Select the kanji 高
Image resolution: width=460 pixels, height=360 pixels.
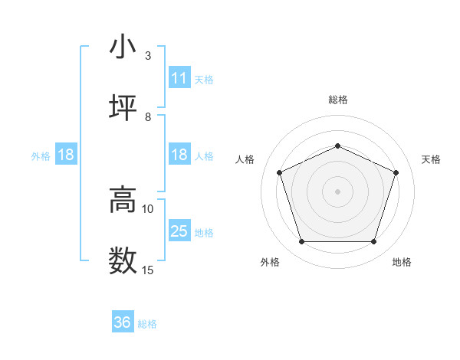pos(123,201)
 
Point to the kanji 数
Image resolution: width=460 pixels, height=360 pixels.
pos(123,260)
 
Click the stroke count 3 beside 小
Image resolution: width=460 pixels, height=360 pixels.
pos(148,56)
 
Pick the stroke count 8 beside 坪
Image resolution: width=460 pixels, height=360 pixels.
pos(148,116)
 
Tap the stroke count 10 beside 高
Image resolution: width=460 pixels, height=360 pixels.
pos(148,208)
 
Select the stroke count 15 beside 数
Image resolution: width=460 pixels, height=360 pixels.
pos(148,270)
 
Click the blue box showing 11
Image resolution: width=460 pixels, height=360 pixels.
pos(179,78)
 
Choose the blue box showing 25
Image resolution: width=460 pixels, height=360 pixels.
pos(179,231)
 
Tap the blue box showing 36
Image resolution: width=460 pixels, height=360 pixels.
pos(123,322)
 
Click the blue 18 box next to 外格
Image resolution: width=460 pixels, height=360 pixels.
pos(66,155)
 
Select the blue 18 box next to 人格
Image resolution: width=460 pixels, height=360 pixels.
pos(179,155)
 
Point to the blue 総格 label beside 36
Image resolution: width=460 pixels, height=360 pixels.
pos(147,324)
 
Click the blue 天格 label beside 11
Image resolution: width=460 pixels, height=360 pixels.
pos(204,79)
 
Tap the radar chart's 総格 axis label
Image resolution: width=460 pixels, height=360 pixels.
pos(338,100)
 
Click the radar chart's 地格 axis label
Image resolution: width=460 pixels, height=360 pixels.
pos(402,263)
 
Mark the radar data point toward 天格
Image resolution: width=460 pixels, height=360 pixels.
pos(396,172)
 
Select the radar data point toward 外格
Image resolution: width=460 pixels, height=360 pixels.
pos(301,242)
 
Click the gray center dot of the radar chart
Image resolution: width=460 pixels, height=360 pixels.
pos(338,191)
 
